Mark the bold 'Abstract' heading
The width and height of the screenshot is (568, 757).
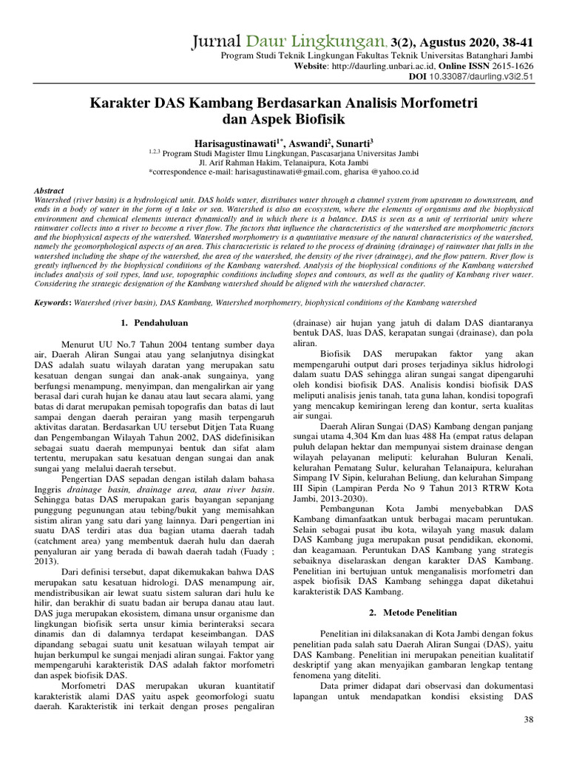[50, 191]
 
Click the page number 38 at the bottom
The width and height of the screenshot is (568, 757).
[528, 719]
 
